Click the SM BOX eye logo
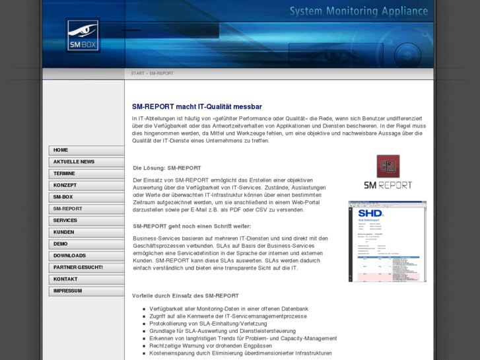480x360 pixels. click(83, 35)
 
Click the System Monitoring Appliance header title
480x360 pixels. click(359, 11)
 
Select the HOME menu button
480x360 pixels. click(86, 151)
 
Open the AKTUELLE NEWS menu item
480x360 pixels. click(86, 162)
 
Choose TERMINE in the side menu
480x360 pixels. click(86, 174)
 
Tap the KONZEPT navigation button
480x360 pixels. click(86, 186)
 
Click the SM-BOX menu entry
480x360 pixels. click(86, 198)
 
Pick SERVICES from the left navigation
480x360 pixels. click(86, 221)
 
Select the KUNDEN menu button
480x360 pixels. click(86, 233)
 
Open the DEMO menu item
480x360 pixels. click(86, 244)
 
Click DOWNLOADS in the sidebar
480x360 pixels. click(86, 256)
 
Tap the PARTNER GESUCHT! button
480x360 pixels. click(86, 268)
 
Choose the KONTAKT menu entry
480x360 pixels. click(86, 279)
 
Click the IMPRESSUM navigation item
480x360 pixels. click(86, 291)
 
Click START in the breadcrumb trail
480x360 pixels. click(137, 73)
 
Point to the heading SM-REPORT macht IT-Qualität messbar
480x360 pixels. click(197, 106)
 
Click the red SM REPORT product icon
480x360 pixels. click(388, 166)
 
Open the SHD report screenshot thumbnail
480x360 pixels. click(387, 241)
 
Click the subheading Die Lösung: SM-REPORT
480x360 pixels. click(166, 168)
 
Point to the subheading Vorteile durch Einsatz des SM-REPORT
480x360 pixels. click(186, 295)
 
